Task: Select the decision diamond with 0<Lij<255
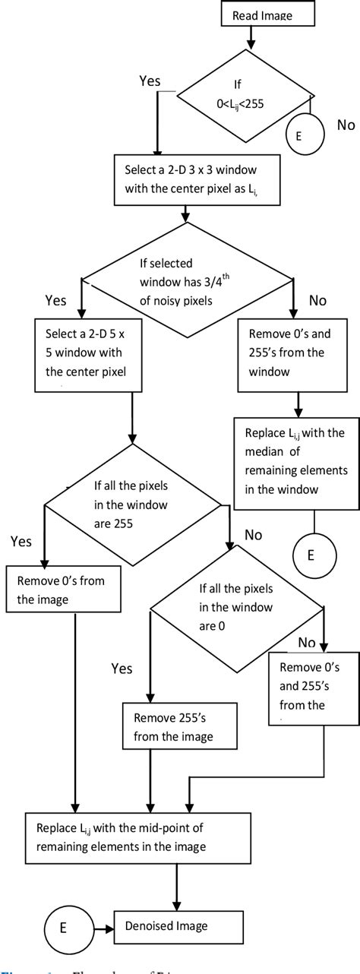click(244, 96)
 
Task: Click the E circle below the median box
click(310, 554)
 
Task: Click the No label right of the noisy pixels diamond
click(317, 300)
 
